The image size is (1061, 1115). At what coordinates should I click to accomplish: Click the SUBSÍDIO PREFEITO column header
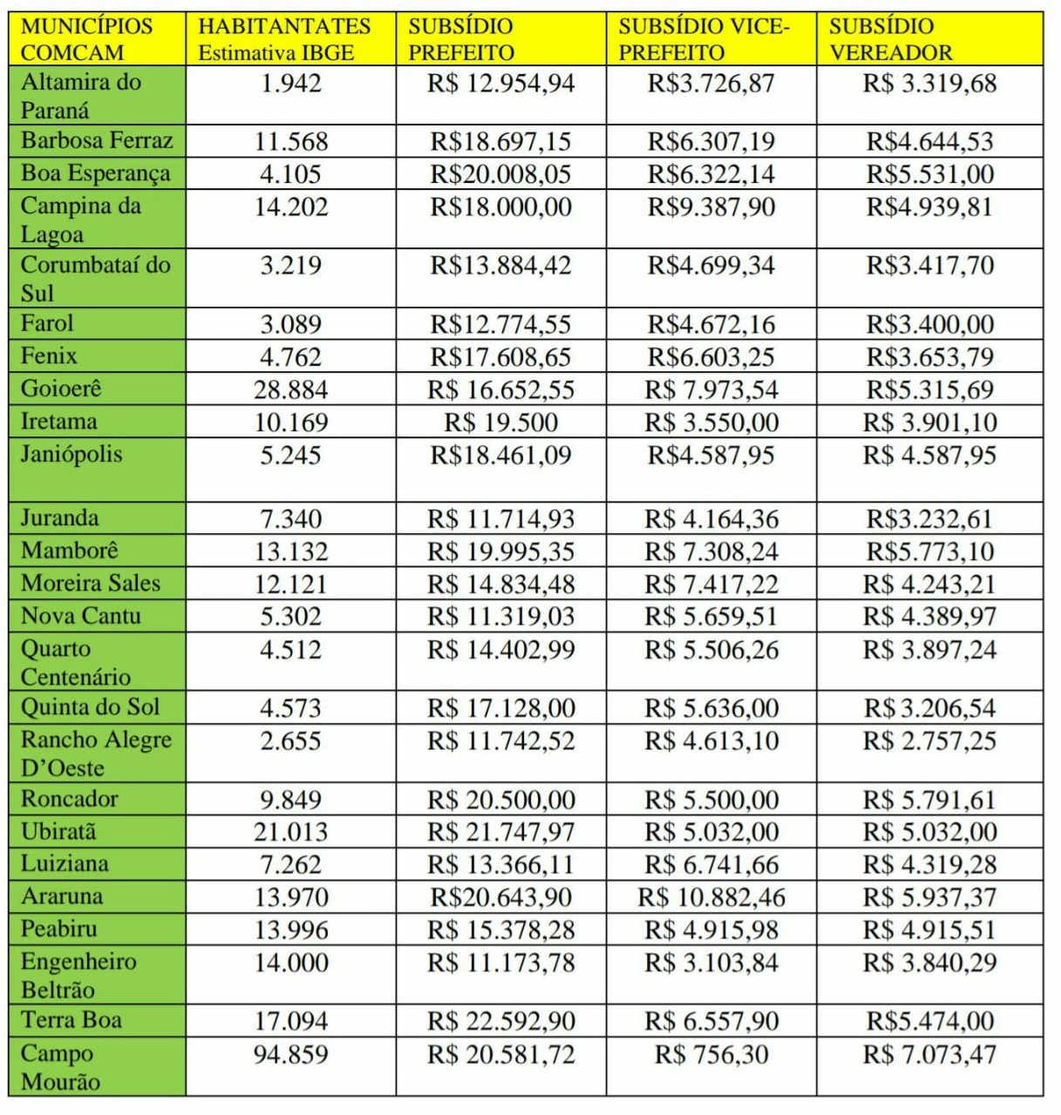pos(461,39)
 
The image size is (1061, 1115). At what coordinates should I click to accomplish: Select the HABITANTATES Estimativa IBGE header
pos(284,39)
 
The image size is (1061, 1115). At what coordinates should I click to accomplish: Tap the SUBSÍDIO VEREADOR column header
pos(891,39)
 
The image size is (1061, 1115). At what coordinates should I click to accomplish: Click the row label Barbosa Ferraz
pos(97,140)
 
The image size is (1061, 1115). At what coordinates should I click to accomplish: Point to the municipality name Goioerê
pos(61,389)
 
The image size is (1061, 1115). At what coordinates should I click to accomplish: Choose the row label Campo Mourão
pos(60,1067)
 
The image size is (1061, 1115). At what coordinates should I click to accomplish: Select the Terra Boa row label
pos(71,1019)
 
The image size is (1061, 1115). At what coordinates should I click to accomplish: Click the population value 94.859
pos(291,1055)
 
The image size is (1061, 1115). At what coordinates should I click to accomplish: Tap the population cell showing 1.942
pos(291,84)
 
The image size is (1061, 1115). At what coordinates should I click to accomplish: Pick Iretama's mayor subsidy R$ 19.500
pos(500,422)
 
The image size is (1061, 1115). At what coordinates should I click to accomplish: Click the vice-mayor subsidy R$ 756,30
pos(711,1055)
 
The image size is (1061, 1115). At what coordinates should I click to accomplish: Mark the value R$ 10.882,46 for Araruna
pos(711,897)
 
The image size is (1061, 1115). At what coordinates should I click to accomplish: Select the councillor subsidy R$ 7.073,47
pos(929,1055)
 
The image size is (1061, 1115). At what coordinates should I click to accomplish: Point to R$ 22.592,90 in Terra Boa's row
pos(500,1021)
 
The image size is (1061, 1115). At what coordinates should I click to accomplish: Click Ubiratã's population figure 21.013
pos(291,832)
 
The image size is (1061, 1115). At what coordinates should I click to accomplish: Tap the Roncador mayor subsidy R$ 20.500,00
pos(500,800)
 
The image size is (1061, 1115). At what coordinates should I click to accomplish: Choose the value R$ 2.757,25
pos(929,741)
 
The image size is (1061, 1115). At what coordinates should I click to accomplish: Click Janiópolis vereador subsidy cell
pos(929,456)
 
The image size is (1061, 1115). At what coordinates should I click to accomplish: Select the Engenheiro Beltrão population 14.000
pos(291,963)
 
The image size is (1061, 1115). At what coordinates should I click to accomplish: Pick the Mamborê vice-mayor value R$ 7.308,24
pos(711,551)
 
